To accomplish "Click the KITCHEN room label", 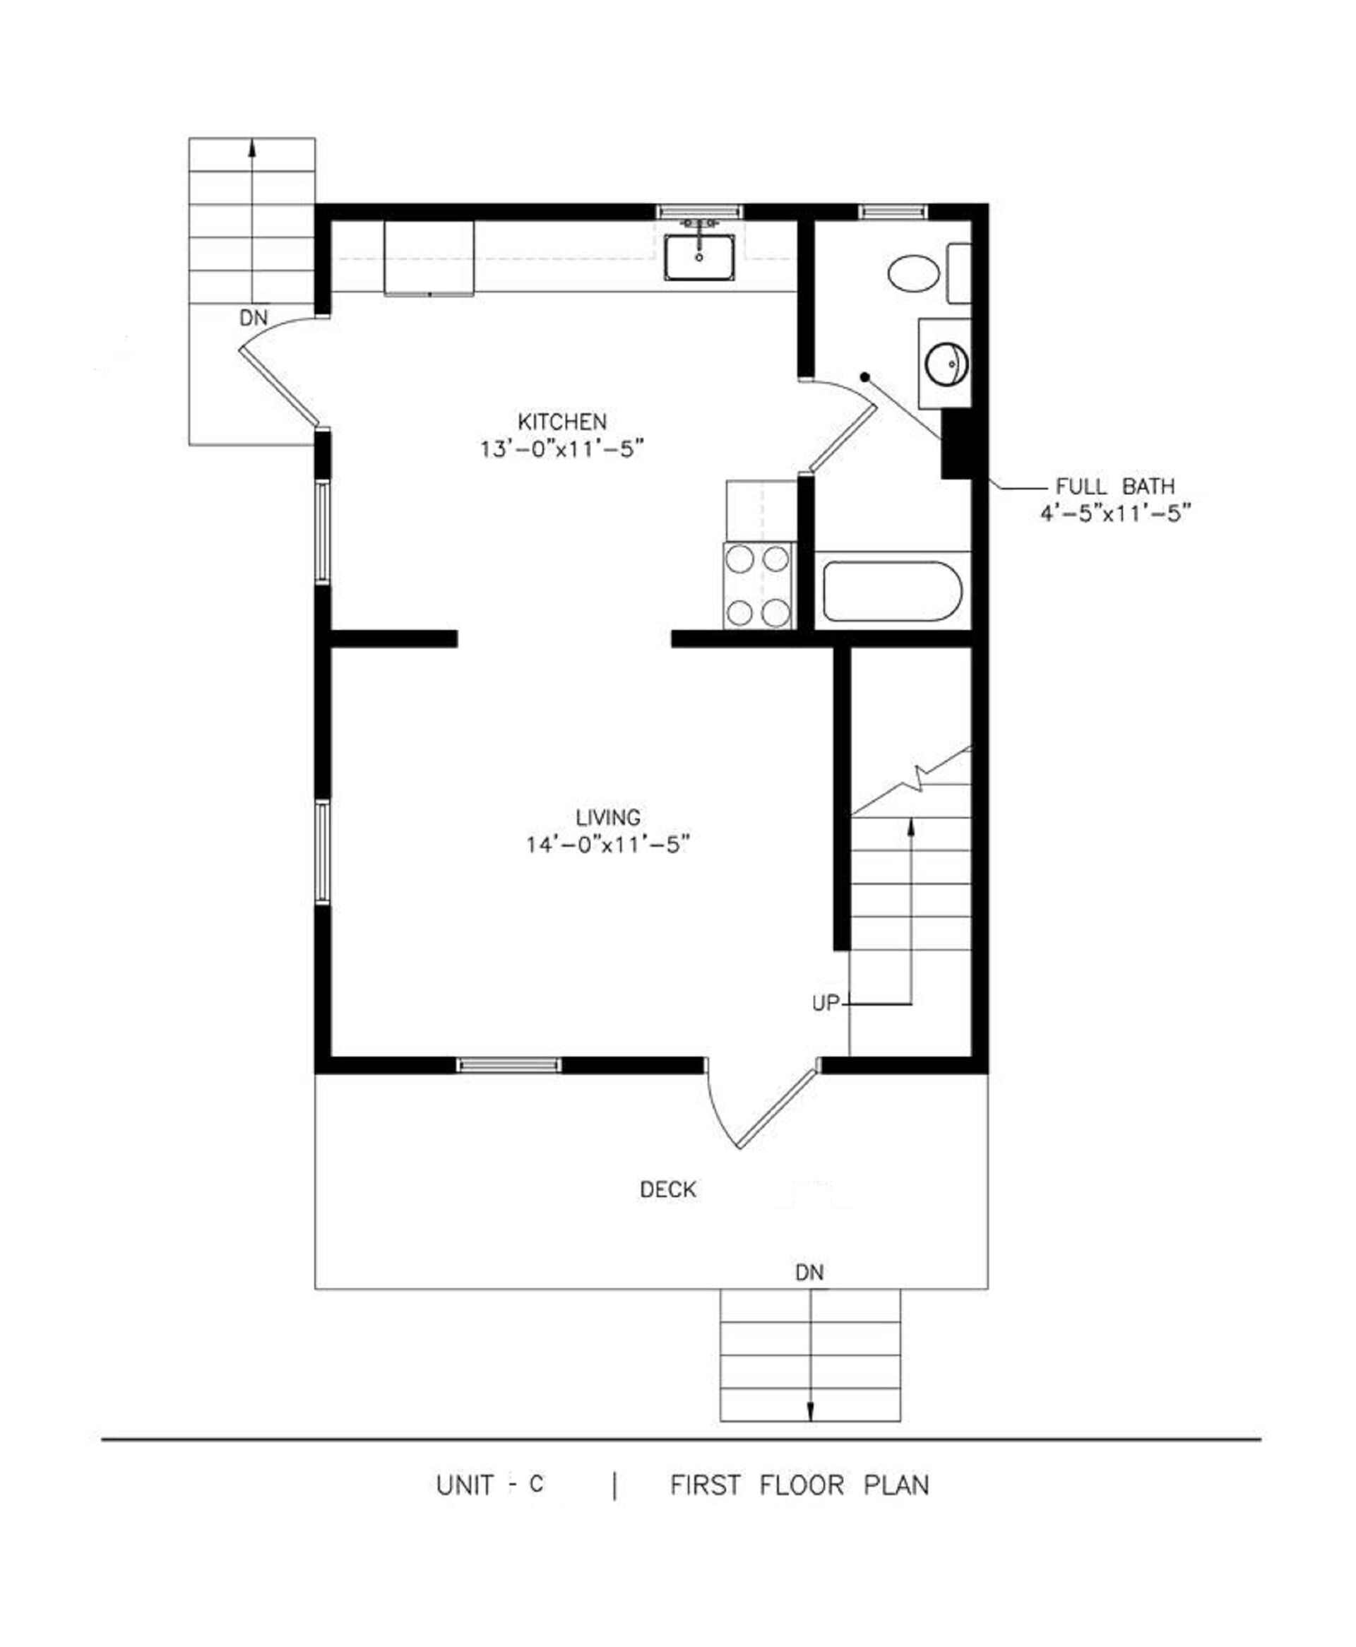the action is [561, 422].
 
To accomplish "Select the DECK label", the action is [668, 1189].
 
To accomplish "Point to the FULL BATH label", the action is [1114, 487].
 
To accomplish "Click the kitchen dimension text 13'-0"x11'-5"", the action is [561, 450].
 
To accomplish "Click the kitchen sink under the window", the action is [699, 257].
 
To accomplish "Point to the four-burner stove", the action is [759, 585].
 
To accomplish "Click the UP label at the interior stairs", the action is [825, 1004].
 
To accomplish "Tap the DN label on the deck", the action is [809, 1273].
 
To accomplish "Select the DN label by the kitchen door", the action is [253, 318].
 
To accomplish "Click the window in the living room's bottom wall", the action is [509, 1065].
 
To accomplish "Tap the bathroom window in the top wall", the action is [893, 211].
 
